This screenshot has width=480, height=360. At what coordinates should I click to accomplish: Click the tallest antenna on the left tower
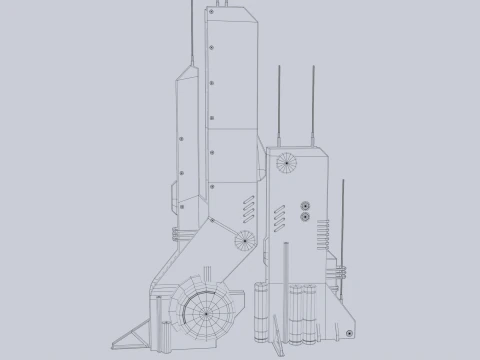coord(191,30)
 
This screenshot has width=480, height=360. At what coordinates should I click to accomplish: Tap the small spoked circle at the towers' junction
coord(243,239)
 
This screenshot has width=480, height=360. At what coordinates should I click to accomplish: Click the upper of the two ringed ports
coord(304,204)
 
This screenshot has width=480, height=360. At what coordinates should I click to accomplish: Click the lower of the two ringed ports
coord(304,215)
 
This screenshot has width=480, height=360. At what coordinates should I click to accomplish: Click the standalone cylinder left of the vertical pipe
coord(263,311)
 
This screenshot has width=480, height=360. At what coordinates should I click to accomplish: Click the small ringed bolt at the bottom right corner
coord(348,330)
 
